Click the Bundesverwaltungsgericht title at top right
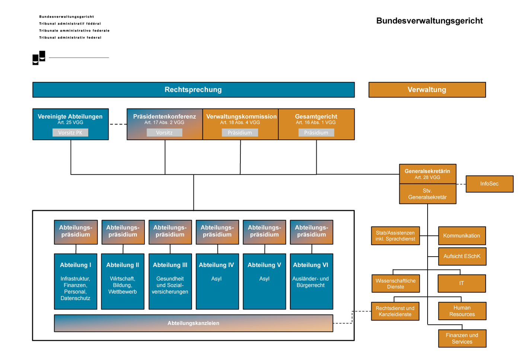click(429, 21)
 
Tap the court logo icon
click(39, 58)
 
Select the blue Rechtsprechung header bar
click(193, 90)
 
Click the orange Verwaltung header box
click(427, 90)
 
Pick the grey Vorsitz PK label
click(70, 133)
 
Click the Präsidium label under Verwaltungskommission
click(240, 133)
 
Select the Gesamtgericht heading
click(316, 116)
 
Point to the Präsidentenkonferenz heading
click(164, 116)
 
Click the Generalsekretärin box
click(427, 174)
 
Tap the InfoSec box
click(489, 184)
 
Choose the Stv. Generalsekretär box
click(427, 194)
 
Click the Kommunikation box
click(461, 236)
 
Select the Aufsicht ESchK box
click(462, 256)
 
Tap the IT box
click(461, 283)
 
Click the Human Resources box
click(462, 311)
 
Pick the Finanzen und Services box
click(462, 338)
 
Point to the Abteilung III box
click(170, 282)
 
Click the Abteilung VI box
click(311, 282)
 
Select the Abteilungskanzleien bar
click(193, 323)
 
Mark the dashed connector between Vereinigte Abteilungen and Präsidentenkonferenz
click(118, 124)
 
